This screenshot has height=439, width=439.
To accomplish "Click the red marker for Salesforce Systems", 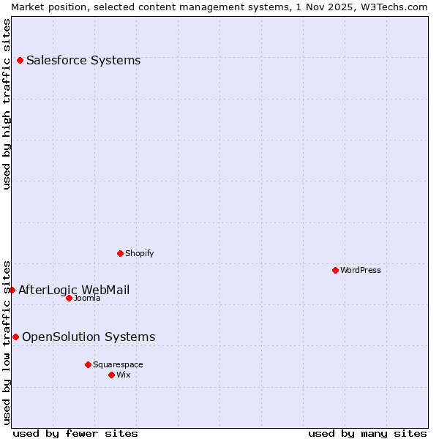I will pyautogui.click(x=20, y=60).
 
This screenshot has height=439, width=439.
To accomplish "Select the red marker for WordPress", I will pyautogui.click(x=335, y=270).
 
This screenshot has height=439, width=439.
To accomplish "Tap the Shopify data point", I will pyautogui.click(x=120, y=253).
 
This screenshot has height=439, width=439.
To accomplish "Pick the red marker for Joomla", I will pyautogui.click(x=69, y=298).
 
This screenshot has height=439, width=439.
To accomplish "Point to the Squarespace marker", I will pyautogui.click(x=88, y=364).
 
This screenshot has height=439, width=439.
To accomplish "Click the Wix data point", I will pyautogui.click(x=111, y=375).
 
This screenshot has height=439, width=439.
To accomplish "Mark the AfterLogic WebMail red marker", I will pyautogui.click(x=12, y=290).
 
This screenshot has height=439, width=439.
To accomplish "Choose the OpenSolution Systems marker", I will pyautogui.click(x=15, y=337).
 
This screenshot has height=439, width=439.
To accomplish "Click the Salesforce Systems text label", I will pyautogui.click(x=83, y=60).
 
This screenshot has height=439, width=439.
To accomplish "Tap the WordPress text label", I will pyautogui.click(x=361, y=270).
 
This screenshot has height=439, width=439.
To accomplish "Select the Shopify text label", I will pyautogui.click(x=140, y=253).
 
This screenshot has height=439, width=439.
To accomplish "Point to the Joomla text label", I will pyautogui.click(x=87, y=298).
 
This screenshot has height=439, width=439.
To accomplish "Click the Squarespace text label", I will pyautogui.click(x=118, y=364).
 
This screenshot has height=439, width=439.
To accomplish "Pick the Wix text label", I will pyautogui.click(x=124, y=375).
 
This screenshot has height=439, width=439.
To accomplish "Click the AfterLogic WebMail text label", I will pyautogui.click(x=74, y=290).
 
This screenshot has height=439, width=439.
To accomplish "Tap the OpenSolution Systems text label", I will pyautogui.click(x=89, y=337).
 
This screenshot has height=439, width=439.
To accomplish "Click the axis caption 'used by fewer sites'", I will pyautogui.click(x=75, y=433).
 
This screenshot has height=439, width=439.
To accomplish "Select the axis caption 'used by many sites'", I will pyautogui.click(x=367, y=433).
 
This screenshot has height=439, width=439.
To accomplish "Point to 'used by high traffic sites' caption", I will pyautogui.click(x=7, y=104).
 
